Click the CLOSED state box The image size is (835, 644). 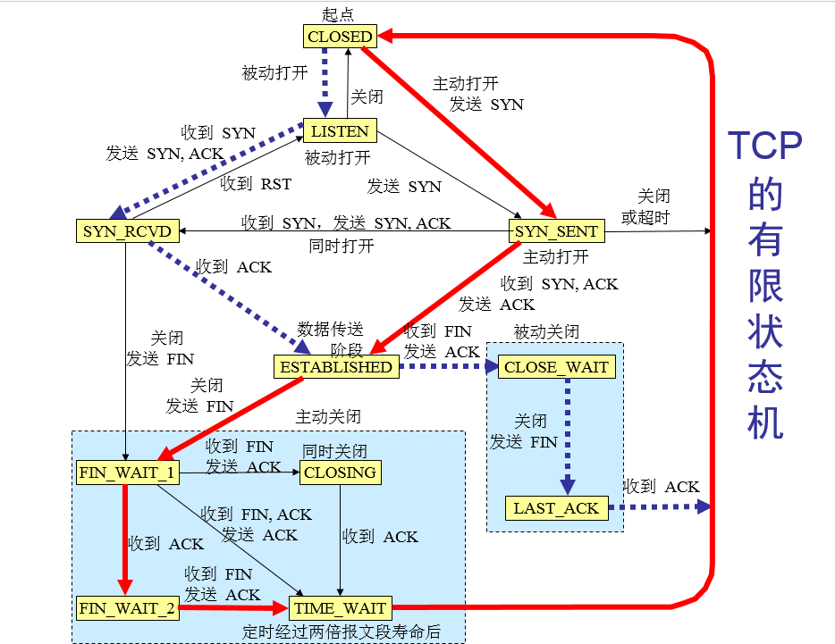tap(340, 37)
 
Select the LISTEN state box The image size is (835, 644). tap(340, 131)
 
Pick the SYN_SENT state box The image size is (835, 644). tap(557, 232)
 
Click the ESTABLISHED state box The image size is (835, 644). tap(335, 366)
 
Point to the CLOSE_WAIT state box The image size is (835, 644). tap(556, 366)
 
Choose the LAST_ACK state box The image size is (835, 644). tap(556, 508)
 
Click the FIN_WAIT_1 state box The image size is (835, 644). tap(126, 472)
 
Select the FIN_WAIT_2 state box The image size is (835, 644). tap(126, 608)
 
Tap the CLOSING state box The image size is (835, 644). tap(340, 472)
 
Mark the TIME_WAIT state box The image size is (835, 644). tap(339, 608)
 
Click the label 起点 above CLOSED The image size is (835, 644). tap(339, 14)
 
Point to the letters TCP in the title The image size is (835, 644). tap(764, 146)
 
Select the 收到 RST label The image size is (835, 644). tap(256, 185)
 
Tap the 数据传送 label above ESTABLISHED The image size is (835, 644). tap(331, 327)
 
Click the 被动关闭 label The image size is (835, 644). tap(546, 331)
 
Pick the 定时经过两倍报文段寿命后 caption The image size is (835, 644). tap(342, 631)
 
